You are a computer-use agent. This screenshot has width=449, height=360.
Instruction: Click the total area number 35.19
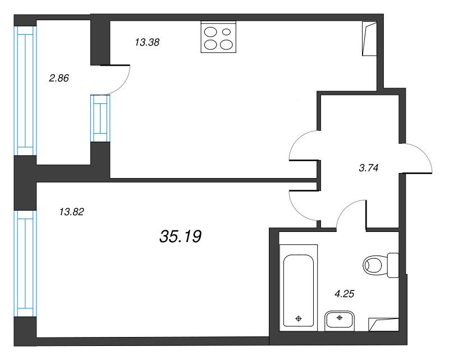coord(180,237)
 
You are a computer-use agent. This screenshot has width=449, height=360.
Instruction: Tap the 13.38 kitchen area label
coord(147,43)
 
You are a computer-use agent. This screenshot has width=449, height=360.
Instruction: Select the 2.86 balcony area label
coord(59,78)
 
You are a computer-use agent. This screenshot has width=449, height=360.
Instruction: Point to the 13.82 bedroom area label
coord(71,212)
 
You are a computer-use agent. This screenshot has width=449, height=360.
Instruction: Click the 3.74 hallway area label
coord(369,168)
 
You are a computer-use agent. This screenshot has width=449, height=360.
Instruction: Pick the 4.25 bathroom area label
coord(345,294)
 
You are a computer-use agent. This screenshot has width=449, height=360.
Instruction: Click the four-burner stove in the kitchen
coord(218,37)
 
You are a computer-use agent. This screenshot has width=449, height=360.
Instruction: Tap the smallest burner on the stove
coord(227,32)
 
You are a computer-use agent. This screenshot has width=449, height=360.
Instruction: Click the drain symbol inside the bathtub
coord(299,318)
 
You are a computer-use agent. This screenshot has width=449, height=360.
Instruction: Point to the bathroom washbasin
coord(340,321)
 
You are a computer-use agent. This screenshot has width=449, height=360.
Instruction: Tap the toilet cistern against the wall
coord(393,265)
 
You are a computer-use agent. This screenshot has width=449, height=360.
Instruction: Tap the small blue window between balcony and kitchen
coord(100,118)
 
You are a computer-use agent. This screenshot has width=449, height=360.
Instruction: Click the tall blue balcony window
coord(25,91)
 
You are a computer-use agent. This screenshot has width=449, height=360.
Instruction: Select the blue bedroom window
coord(25,263)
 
